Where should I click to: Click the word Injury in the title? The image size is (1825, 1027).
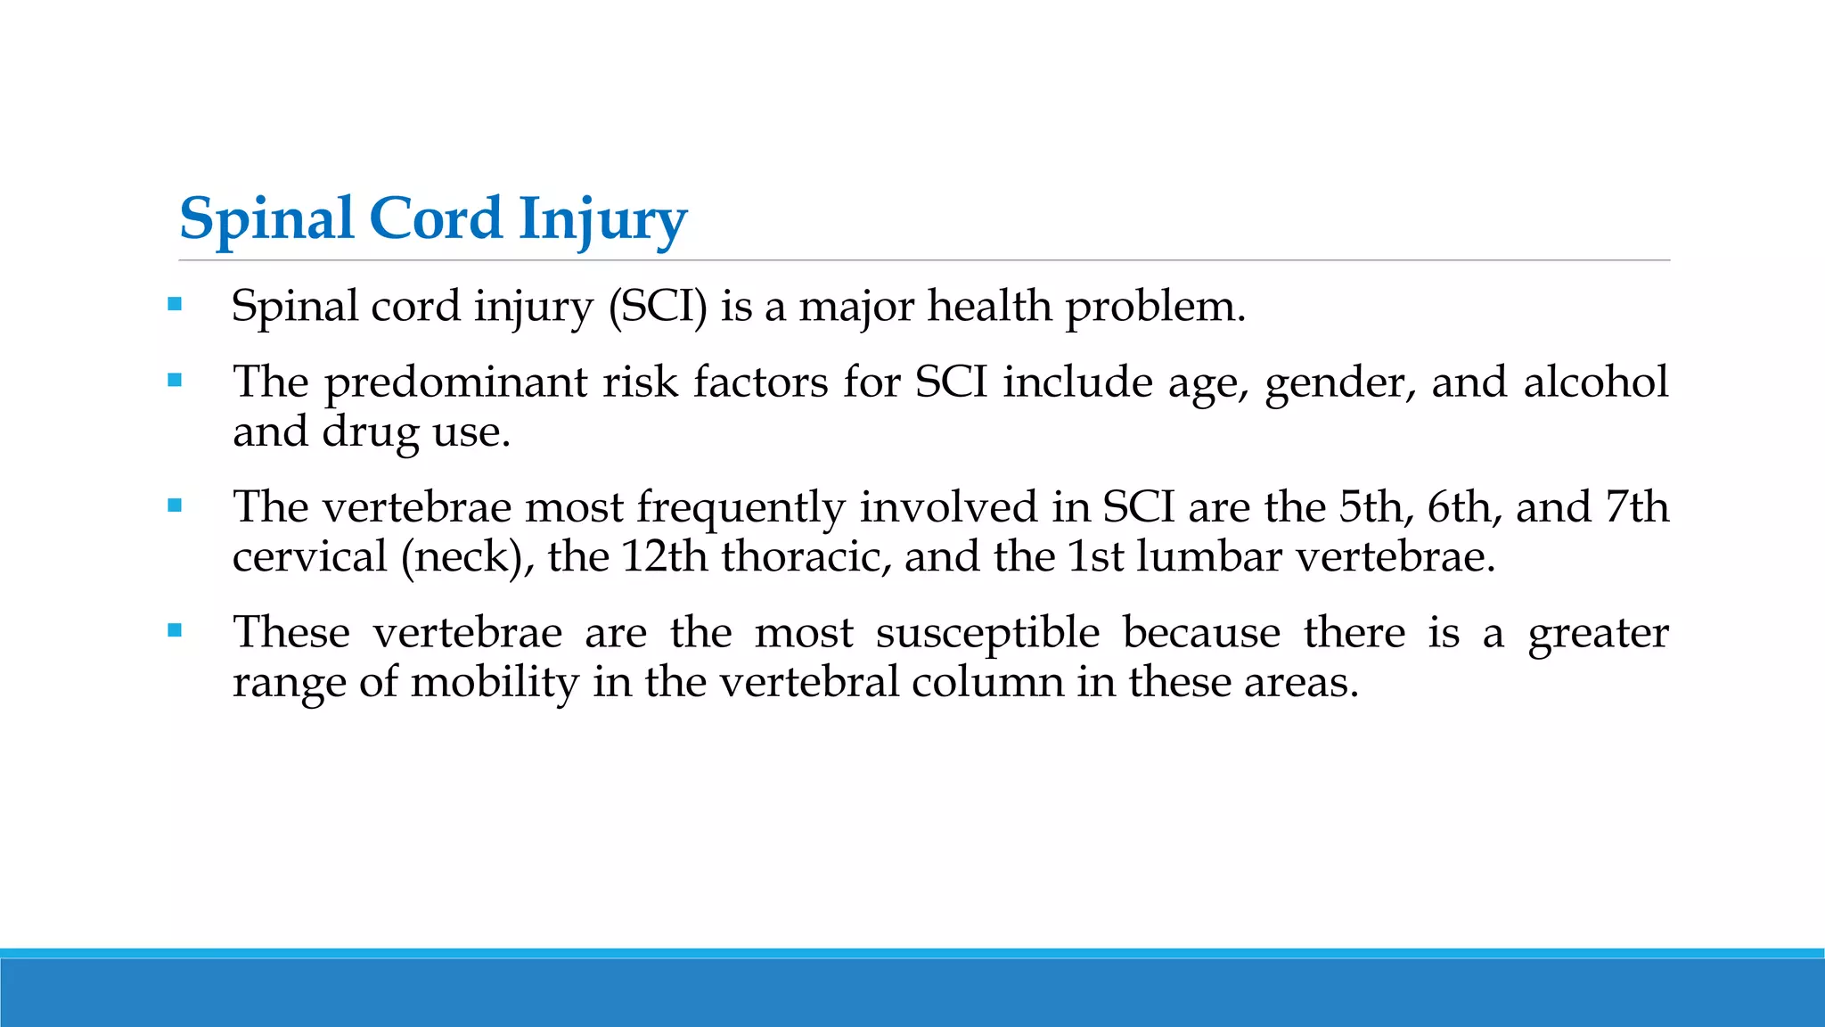point(602,220)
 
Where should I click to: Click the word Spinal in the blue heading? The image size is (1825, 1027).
point(266,220)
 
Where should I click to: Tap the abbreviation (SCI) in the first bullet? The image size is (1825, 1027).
point(658,307)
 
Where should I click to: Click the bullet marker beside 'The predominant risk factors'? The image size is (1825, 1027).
point(175,381)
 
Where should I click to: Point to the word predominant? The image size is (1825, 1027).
point(455,383)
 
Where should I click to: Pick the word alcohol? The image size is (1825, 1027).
point(1595,382)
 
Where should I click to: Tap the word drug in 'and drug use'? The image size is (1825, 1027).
point(370,433)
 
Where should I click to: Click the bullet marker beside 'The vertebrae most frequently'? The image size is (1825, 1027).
point(175,505)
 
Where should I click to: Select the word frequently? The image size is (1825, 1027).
point(740,508)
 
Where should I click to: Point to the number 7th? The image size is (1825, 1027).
point(1636,506)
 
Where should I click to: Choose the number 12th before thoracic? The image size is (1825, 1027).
point(663,556)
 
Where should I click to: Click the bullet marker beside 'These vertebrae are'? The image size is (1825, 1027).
point(175,631)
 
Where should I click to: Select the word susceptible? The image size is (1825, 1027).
point(987,634)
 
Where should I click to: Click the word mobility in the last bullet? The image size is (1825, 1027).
point(495,684)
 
